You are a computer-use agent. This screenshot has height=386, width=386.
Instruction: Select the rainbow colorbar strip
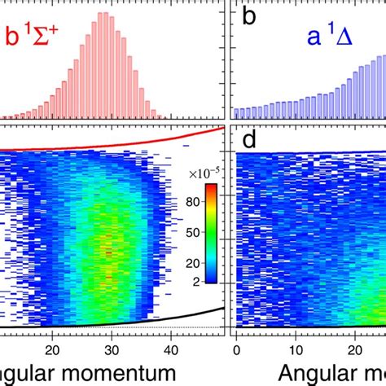coord(211,233)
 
